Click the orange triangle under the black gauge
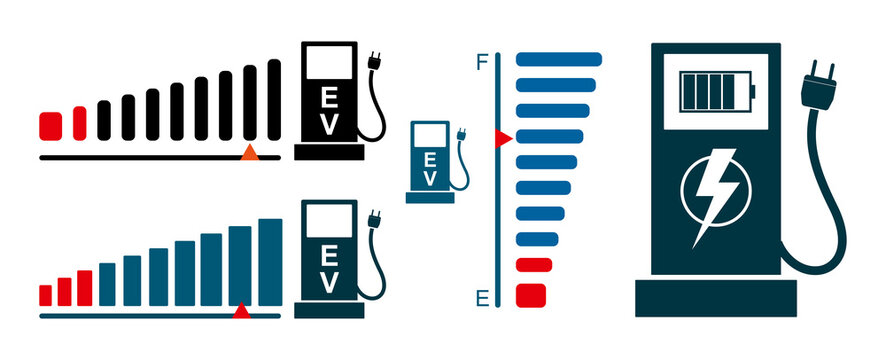[250, 152]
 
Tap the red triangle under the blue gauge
[241, 311]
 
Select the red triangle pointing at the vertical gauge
[504, 137]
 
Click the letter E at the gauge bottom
[481, 297]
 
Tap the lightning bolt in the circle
[714, 193]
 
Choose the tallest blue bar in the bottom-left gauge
[270, 261]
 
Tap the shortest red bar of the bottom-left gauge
[45, 295]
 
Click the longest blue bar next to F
[558, 58]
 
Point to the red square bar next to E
[531, 296]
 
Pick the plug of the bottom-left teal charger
[375, 219]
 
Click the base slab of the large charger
[716, 298]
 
